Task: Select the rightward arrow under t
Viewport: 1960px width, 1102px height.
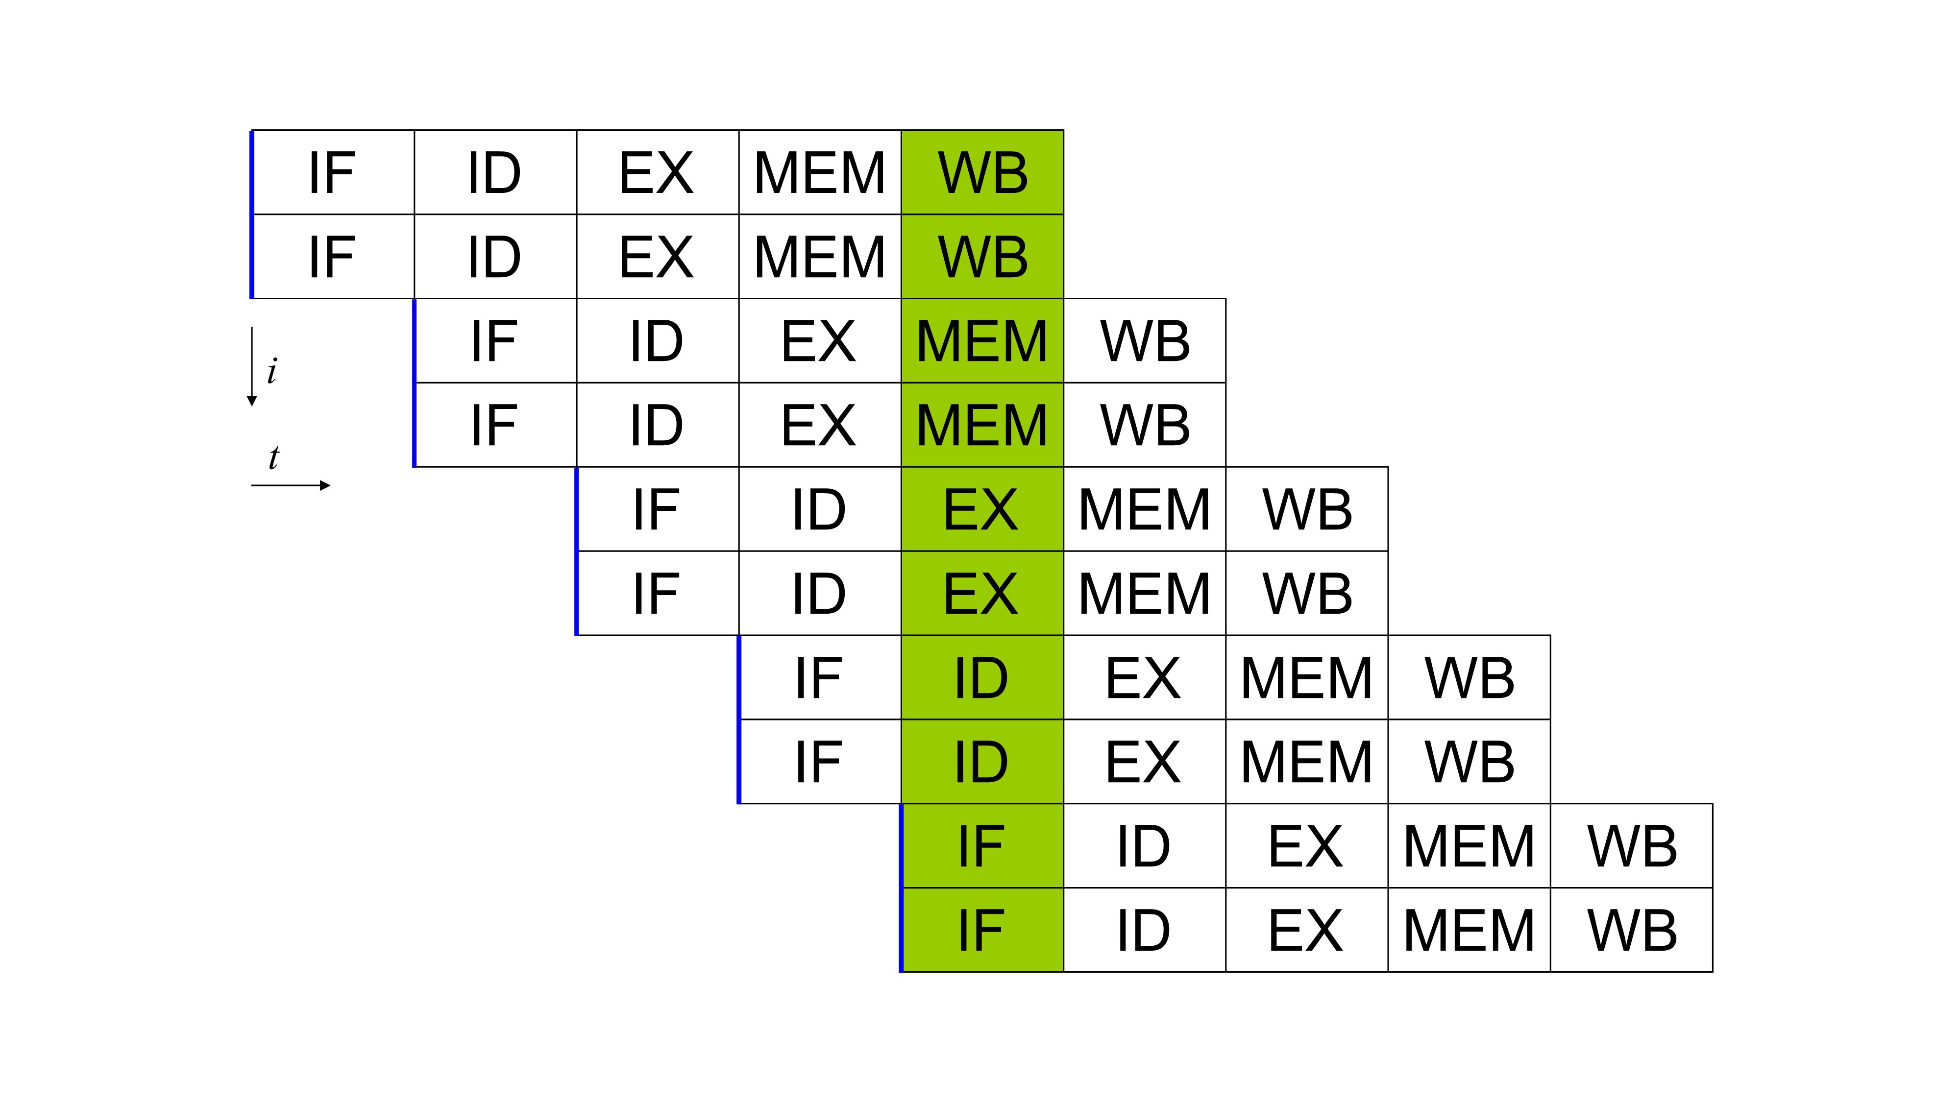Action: tap(291, 485)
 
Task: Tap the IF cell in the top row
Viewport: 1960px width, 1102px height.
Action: tap(333, 172)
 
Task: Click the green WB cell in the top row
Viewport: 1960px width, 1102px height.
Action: tap(982, 172)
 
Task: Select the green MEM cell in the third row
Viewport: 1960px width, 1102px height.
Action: tap(982, 341)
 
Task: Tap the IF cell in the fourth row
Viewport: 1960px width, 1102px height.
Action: tap(494, 425)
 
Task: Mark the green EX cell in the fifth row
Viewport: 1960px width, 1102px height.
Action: tap(982, 509)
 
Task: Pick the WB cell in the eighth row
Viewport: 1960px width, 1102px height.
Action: tap(1469, 761)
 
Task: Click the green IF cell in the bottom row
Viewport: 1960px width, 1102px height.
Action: tap(982, 930)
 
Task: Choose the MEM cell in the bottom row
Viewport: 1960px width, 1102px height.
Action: tap(1469, 930)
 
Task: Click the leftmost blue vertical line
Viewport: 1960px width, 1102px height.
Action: tap(252, 215)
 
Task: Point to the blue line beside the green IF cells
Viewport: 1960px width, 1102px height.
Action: tap(902, 887)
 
